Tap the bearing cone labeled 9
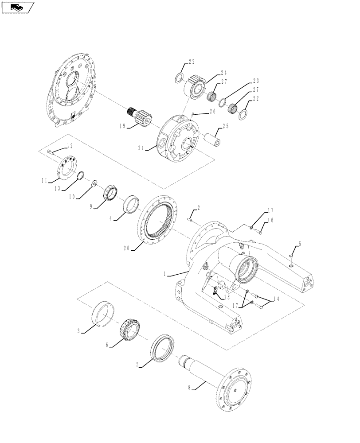[111, 194]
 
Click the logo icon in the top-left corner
[18, 7]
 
